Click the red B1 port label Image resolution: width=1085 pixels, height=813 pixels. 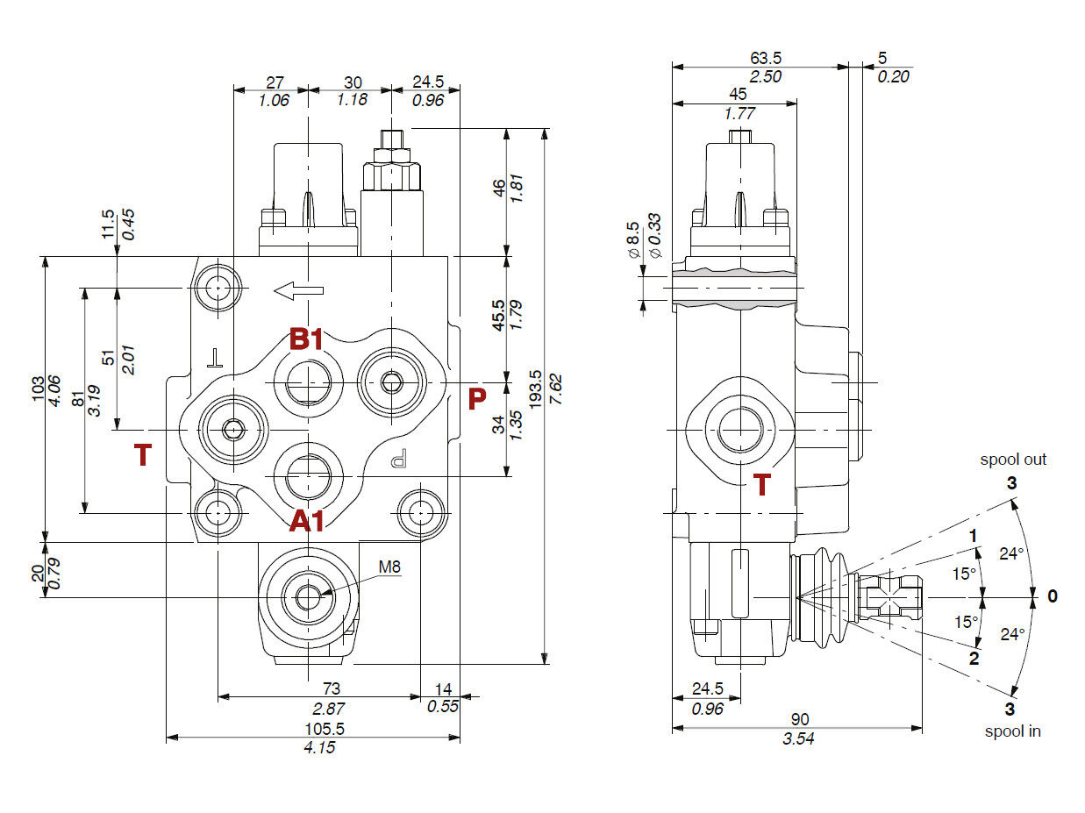pos(307,339)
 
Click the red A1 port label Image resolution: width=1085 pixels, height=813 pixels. pos(307,522)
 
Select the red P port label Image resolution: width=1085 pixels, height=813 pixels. pos(477,399)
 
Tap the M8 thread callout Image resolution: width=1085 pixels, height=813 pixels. pos(389,567)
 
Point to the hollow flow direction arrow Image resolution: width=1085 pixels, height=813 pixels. pos(297,289)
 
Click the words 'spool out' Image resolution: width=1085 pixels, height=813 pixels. pos(1013,459)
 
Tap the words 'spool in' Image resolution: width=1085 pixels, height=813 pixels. pos(1012,731)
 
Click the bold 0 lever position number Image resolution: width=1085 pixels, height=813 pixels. pos(1053,596)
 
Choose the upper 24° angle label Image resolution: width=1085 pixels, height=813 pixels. pos(1012,553)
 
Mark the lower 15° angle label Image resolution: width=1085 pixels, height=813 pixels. pos(966,622)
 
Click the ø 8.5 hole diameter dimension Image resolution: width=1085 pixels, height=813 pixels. pos(632,239)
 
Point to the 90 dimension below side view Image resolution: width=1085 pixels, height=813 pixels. pos(797,720)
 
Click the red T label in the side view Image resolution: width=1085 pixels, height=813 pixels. pos(762,485)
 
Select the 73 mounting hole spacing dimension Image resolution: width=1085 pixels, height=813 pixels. pos(331,688)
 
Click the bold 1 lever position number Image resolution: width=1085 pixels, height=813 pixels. pos(972,535)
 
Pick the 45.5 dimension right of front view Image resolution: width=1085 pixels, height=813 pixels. pos(498,316)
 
